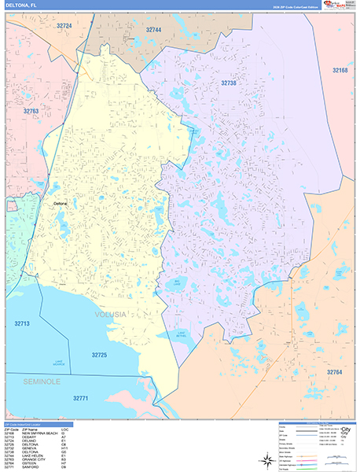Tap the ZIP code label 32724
(64, 26)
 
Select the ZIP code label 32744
(153, 29)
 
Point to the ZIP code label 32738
(228, 83)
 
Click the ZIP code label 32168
(340, 71)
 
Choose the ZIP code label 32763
(31, 112)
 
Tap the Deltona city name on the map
(61, 203)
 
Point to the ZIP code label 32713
(22, 323)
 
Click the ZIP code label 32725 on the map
(99, 356)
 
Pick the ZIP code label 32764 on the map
(336, 371)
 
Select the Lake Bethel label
(182, 334)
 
